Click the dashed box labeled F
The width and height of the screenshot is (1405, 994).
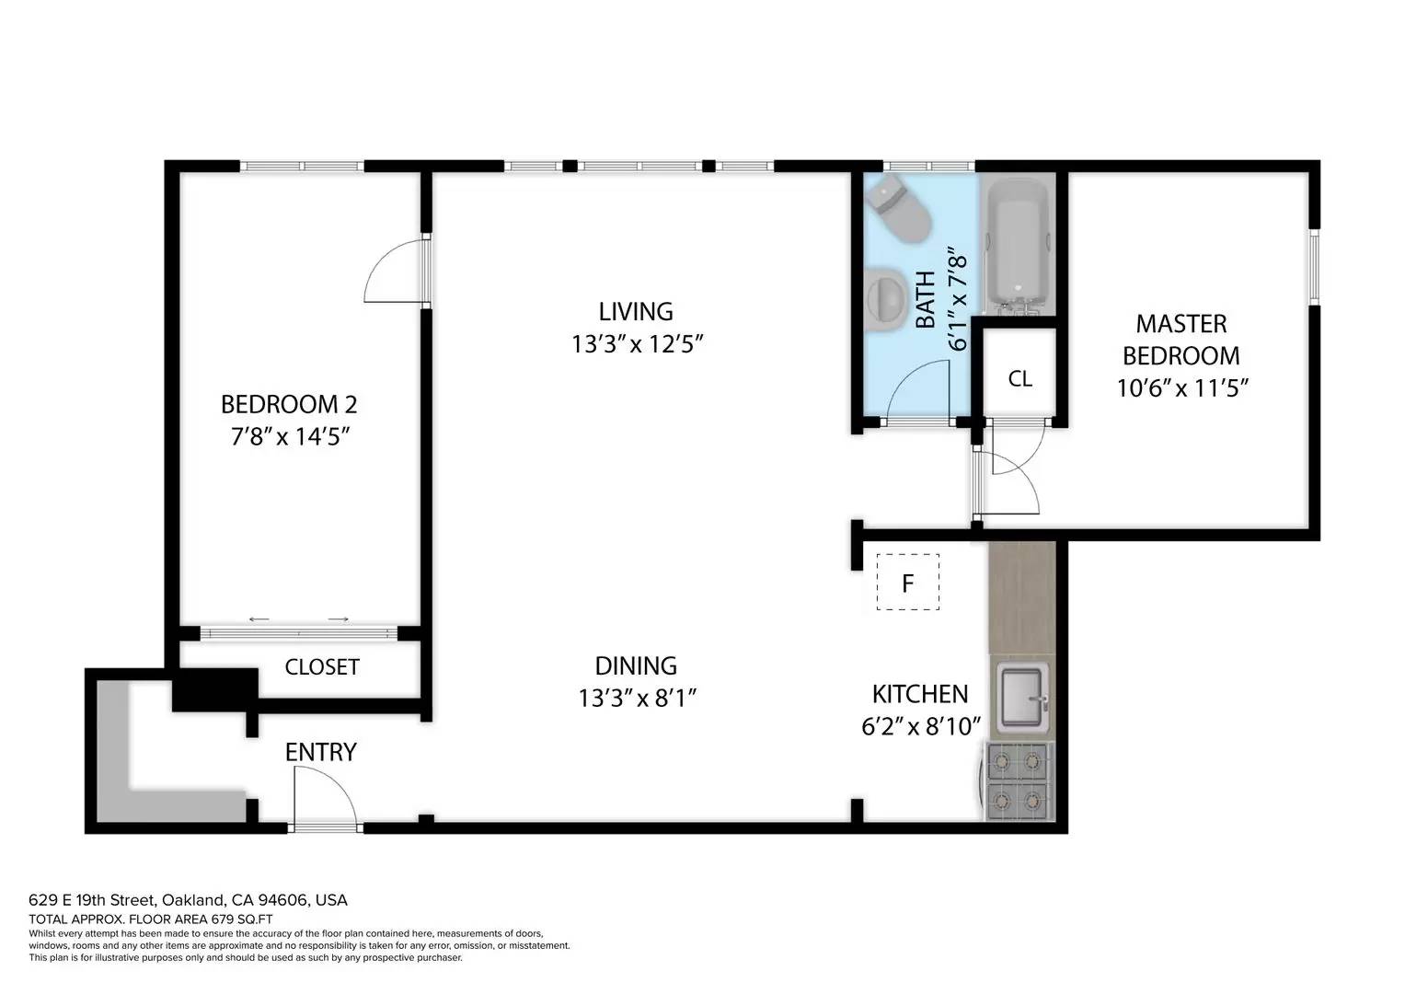[907, 582]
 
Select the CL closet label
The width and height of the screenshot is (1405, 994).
[1019, 378]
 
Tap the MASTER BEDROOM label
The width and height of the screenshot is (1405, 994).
[1181, 340]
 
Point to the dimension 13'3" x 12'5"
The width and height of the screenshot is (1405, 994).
[637, 344]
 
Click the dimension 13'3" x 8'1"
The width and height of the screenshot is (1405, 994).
[637, 698]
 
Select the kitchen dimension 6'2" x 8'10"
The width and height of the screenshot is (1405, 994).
[920, 726]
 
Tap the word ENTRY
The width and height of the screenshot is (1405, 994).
[320, 752]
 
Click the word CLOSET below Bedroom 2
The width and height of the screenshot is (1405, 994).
[322, 666]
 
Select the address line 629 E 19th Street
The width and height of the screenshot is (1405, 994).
[188, 900]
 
